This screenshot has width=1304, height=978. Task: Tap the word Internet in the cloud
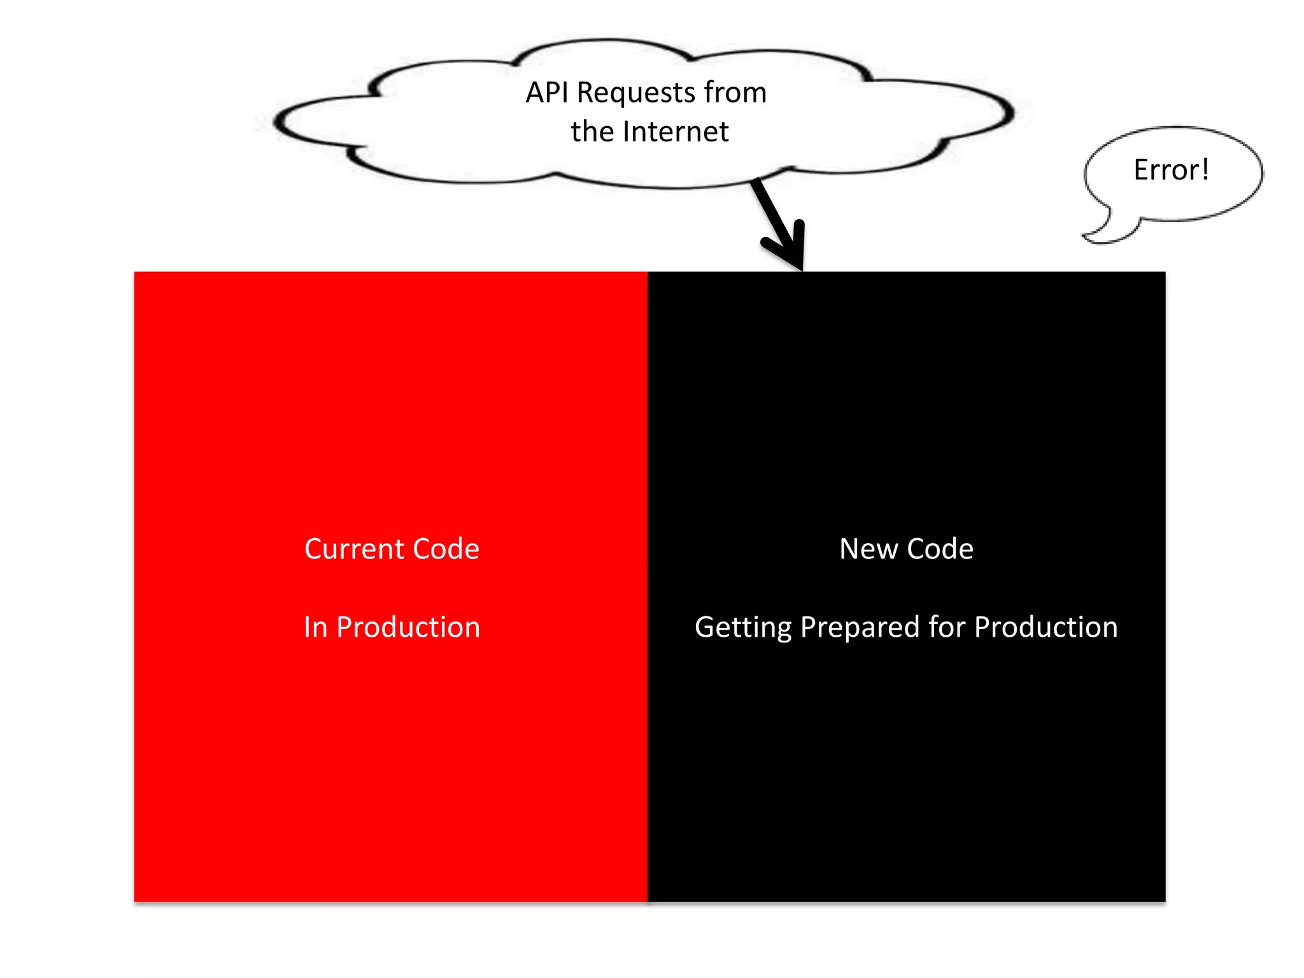(x=676, y=132)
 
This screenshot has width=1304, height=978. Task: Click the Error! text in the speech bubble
(x=1170, y=170)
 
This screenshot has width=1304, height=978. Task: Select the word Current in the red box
(x=355, y=549)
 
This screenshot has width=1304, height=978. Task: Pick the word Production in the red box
(x=408, y=627)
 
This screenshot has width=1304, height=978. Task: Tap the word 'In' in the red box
(x=315, y=627)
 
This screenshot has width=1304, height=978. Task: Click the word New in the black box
(x=868, y=549)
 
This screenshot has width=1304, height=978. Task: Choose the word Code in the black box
(x=940, y=549)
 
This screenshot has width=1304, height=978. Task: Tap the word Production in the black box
(x=1046, y=627)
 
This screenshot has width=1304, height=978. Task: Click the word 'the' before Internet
(x=592, y=132)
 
